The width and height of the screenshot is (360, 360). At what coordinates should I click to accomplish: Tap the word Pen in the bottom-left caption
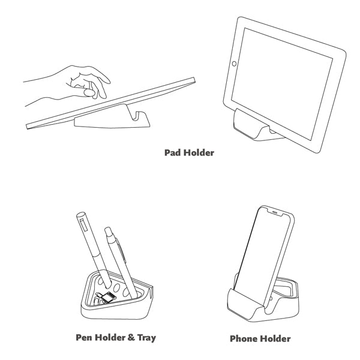tap(84, 337)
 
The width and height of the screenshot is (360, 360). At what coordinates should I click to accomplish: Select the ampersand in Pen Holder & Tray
tap(131, 337)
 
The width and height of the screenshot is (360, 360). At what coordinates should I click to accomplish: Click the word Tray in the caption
tap(146, 338)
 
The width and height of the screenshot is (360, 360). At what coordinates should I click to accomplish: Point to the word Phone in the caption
tap(244, 338)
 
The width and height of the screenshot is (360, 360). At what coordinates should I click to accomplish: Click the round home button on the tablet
tap(234, 64)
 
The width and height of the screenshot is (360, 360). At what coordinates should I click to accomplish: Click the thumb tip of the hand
tap(89, 93)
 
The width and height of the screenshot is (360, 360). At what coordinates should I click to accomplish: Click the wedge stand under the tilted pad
tap(112, 118)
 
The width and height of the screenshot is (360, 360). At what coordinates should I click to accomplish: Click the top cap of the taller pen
tap(80, 215)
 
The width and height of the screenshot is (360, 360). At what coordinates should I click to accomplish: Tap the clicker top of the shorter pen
tap(107, 230)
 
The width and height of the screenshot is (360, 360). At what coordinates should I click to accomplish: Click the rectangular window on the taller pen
tap(83, 225)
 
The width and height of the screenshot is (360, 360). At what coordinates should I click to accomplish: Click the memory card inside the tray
tap(107, 297)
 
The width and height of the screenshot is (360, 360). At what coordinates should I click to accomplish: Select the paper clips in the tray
tap(98, 299)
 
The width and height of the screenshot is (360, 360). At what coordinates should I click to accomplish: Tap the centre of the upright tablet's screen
tap(282, 84)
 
